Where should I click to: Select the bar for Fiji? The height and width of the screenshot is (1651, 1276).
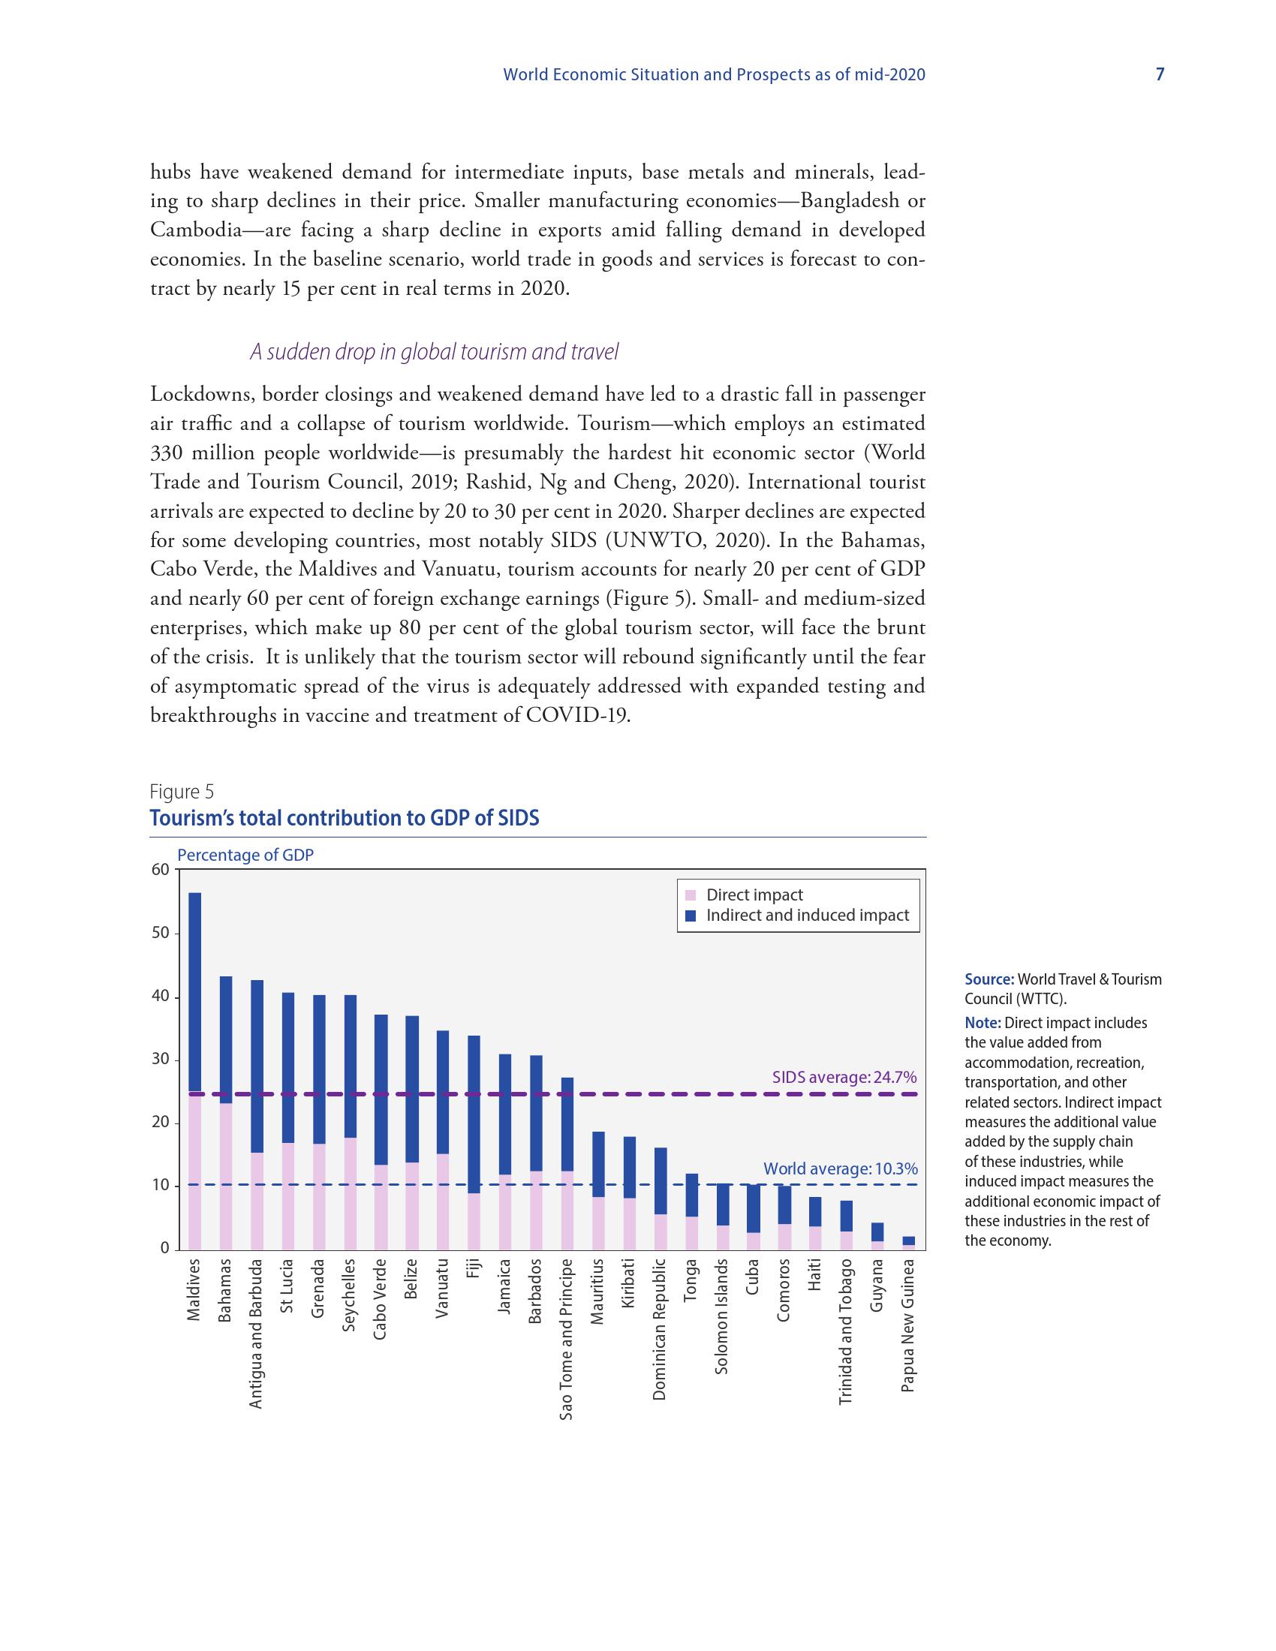pos(474,1142)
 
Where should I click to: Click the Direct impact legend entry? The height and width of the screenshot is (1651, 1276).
pos(754,895)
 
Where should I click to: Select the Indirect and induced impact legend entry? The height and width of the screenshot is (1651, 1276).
pos(807,916)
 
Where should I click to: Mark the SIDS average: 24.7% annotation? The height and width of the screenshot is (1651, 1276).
pos(844,1076)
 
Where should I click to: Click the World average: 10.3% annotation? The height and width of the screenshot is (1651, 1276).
pos(840,1168)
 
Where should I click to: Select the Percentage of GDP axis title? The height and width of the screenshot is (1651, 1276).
pos(245,855)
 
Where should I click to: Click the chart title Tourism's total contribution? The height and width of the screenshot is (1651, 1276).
pos(344,818)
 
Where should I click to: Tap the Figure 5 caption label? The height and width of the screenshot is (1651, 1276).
pos(182,792)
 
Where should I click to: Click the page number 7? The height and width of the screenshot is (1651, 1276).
pos(1160,74)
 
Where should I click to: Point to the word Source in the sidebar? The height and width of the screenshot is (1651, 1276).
pos(989,979)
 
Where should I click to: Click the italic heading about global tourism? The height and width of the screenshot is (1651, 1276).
pos(434,351)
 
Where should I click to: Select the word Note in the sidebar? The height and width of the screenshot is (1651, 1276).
pos(983,1023)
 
